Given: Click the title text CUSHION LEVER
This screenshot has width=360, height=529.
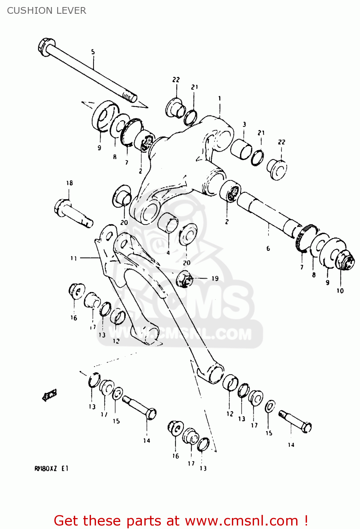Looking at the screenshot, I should coord(46,11).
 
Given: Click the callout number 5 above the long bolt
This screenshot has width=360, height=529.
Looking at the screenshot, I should coord(93,52).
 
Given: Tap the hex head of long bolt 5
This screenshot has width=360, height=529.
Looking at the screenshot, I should coord(45,47).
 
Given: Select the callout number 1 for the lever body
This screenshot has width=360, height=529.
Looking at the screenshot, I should coord(219,98).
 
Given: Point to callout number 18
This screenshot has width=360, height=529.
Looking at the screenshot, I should coord(69,183).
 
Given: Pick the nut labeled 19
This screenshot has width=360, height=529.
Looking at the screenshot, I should coord(185,279).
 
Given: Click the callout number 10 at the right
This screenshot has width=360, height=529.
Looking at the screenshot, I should coord(340,291).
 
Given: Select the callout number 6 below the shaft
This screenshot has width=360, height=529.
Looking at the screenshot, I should coord(268,249).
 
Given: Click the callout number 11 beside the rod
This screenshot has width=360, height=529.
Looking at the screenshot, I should coord(73,258).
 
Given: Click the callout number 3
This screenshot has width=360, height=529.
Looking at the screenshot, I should coord(244,124).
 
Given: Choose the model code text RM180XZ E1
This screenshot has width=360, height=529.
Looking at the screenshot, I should coord(51,469).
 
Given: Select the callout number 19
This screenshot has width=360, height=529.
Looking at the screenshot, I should coord(215,278).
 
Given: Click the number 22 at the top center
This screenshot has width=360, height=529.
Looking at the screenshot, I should coord(176,80).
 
